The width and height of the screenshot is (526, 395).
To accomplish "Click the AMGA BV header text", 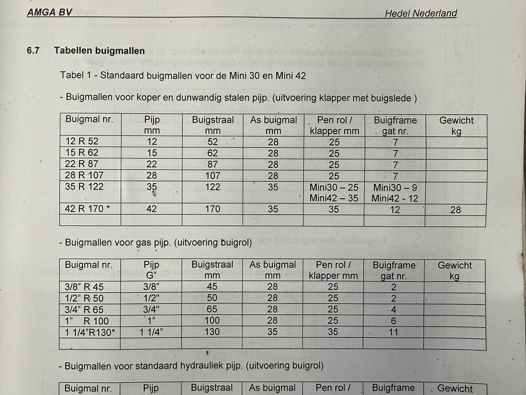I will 49,13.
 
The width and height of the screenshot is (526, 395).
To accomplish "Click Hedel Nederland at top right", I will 421,13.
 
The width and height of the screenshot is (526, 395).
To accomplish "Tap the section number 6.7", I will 33,50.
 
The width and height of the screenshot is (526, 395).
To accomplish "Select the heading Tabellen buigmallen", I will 99,51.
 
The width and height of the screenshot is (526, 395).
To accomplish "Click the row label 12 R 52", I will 82,141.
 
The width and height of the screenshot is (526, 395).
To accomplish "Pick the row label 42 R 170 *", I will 87,209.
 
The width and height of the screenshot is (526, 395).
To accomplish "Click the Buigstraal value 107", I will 212,175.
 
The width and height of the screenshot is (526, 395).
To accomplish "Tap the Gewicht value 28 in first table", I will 455,210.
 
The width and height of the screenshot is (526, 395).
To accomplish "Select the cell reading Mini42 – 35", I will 334,198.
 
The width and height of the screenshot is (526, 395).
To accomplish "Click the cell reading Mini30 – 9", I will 395,188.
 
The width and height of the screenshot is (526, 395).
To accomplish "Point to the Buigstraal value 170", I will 212,209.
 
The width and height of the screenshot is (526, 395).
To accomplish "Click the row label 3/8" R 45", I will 84,287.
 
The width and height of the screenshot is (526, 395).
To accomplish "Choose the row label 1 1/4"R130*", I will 90,332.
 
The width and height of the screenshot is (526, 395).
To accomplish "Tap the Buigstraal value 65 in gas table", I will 212,309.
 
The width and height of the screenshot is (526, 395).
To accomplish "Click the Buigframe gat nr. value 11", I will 394,332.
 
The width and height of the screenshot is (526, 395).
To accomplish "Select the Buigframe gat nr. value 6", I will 394,321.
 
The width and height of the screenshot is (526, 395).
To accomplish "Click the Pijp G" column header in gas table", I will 151,270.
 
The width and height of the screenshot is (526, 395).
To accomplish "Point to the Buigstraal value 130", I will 212,332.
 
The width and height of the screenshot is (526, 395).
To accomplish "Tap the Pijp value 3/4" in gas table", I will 151,309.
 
